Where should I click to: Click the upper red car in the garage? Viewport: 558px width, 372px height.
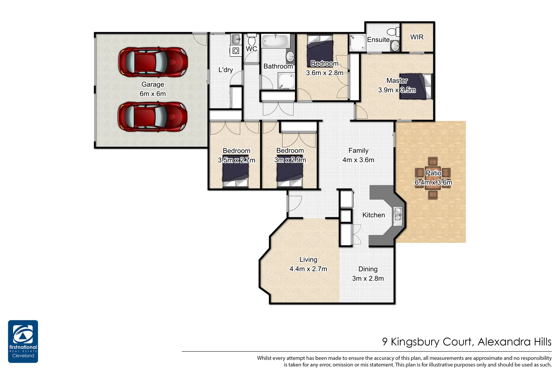point(153,62)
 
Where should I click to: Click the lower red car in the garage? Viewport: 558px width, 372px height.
point(153,116)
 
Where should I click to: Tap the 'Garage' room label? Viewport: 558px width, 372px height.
point(153,84)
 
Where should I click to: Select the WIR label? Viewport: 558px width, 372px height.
point(417,37)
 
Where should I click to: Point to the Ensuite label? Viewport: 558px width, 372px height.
point(378,40)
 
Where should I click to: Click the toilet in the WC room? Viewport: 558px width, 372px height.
point(252,41)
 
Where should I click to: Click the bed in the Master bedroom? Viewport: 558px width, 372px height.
point(416,86)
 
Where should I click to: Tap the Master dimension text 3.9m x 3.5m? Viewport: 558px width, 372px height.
point(397,90)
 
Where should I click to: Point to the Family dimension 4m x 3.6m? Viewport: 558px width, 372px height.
point(358,160)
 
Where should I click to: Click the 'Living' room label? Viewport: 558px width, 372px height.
point(308,260)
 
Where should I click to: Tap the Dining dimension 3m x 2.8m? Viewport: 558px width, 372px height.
point(368,278)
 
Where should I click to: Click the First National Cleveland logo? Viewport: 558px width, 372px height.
point(23,341)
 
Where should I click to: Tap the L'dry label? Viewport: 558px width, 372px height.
point(225,70)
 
